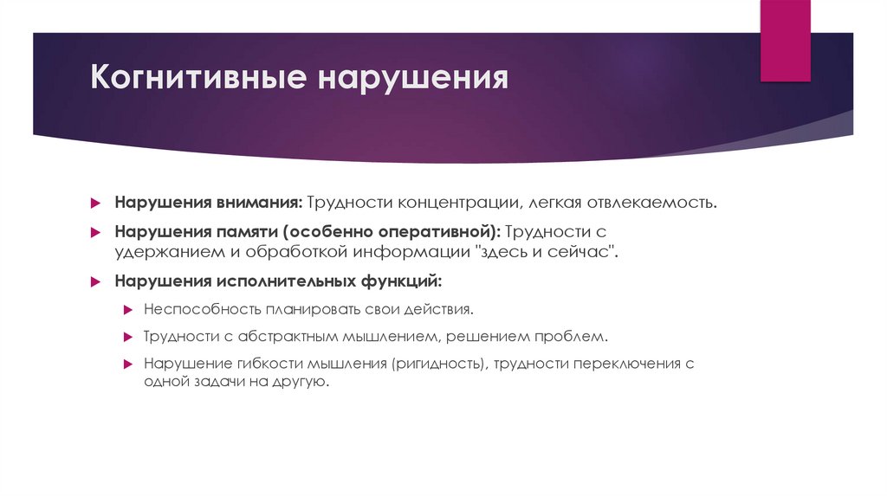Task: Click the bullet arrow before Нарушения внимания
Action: pyautogui.click(x=98, y=203)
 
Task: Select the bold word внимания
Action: pyautogui.click(x=259, y=202)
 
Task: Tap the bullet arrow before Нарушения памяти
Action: pyautogui.click(x=98, y=233)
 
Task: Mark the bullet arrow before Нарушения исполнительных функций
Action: pyautogui.click(x=98, y=282)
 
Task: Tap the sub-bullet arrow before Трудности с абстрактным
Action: pyautogui.click(x=126, y=336)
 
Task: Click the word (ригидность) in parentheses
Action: pyautogui.click(x=437, y=364)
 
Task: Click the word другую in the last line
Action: pyautogui.click(x=301, y=381)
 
